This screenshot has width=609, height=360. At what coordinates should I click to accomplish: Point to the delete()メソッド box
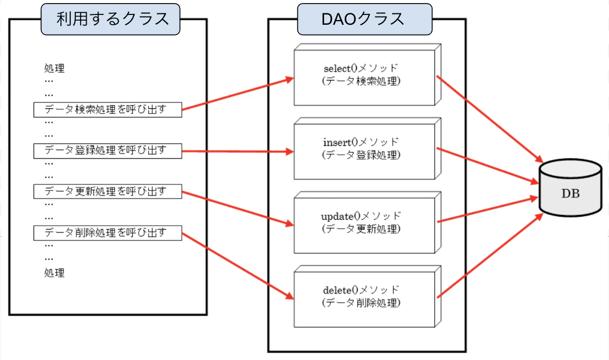(x=364, y=297)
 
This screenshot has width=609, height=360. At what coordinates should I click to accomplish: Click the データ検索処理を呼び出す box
(x=107, y=109)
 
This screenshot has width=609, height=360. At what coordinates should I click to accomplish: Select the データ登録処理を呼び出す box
(x=107, y=151)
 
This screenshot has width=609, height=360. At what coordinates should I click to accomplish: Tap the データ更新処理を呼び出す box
(x=107, y=191)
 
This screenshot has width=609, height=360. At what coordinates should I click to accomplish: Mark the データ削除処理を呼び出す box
(x=107, y=233)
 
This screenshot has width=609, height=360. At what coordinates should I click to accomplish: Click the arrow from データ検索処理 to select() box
(x=237, y=94)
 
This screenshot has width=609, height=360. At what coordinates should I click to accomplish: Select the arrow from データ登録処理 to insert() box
(x=237, y=152)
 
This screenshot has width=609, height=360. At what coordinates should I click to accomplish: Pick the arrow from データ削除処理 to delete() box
(x=237, y=266)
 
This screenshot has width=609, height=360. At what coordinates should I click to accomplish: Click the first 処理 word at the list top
(x=54, y=69)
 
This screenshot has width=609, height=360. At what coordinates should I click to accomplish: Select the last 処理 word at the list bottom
(x=54, y=273)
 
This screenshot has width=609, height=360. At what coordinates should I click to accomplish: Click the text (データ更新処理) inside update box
(x=361, y=228)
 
